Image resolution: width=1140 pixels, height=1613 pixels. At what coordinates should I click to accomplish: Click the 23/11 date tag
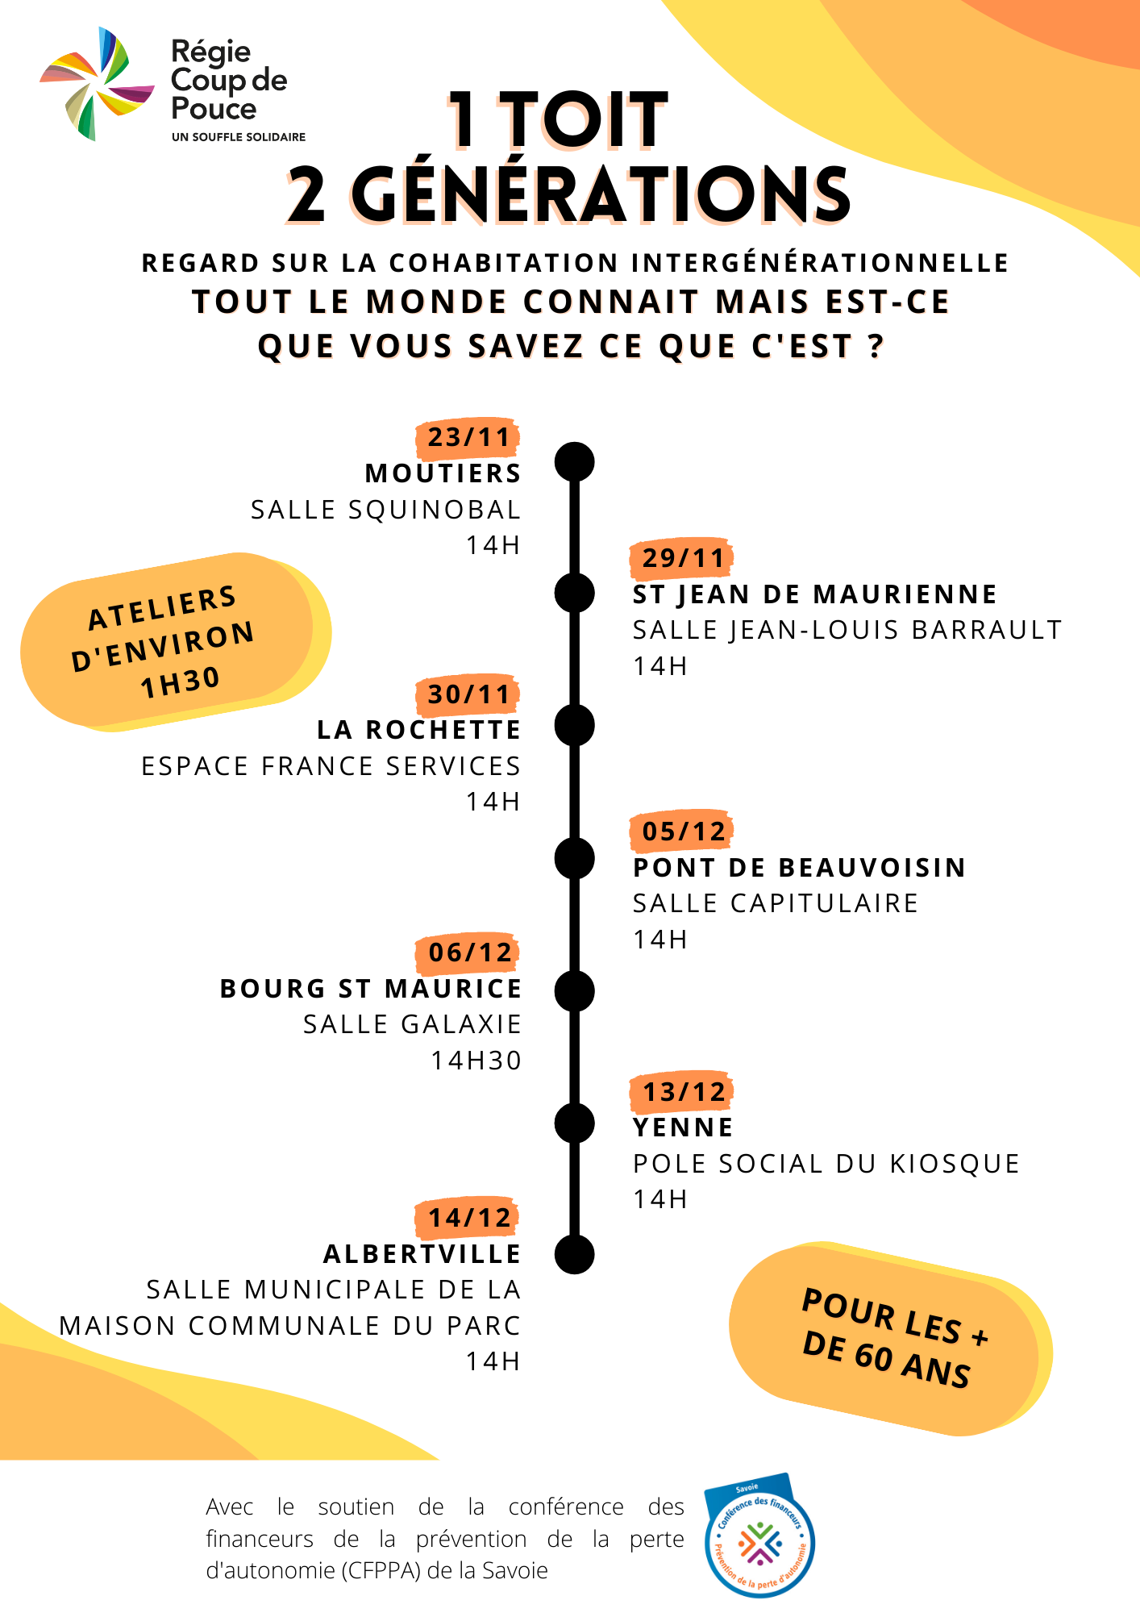tap(468, 438)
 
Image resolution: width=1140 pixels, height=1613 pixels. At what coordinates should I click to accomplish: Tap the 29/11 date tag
tap(682, 558)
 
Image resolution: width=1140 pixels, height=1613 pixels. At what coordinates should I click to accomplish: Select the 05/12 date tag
tap(682, 832)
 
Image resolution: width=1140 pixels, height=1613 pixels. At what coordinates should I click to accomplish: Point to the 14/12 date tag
tap(468, 1218)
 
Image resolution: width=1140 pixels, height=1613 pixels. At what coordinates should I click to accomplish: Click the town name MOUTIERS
tap(443, 473)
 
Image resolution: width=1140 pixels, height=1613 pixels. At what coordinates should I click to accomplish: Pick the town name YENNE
tap(683, 1127)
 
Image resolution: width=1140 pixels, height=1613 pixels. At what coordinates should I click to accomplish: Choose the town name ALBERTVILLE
tap(422, 1254)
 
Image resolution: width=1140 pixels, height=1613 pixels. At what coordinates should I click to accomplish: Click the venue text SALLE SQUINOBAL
tap(385, 510)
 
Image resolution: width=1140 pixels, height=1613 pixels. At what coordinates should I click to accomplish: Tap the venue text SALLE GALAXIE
tap(412, 1024)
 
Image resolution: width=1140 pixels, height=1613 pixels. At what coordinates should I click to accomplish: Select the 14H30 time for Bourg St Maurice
tap(476, 1061)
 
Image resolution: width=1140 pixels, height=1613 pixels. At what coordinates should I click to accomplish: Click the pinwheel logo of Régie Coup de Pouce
tap(97, 84)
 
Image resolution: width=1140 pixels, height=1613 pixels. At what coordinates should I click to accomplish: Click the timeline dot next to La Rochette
tap(575, 725)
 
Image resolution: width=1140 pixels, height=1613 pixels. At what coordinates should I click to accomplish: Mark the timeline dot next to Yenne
tap(575, 1123)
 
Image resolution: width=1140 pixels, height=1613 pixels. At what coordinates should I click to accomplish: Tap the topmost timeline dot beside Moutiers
tap(575, 462)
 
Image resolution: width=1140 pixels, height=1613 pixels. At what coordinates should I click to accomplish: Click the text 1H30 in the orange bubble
tap(180, 682)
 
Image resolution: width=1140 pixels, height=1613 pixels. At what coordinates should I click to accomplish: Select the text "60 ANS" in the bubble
tap(911, 1364)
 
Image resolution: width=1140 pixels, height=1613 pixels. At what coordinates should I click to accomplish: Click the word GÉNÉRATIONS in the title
tap(601, 195)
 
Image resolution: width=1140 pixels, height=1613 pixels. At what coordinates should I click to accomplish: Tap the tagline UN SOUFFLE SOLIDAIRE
tap(239, 137)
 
